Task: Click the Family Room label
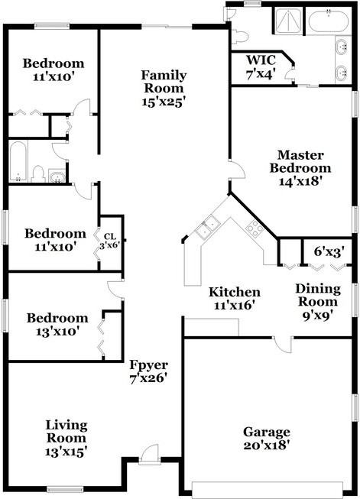(x=164, y=82)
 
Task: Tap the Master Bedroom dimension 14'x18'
(x=301, y=181)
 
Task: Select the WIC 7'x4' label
(x=261, y=66)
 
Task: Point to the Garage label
(x=267, y=432)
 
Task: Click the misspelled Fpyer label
(x=148, y=365)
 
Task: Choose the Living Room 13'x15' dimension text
(x=66, y=452)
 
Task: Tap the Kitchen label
(x=235, y=292)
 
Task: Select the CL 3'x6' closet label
(x=110, y=241)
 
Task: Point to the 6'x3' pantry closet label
(x=329, y=251)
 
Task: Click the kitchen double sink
(x=208, y=226)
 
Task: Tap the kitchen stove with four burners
(x=255, y=228)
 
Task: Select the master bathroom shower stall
(x=288, y=21)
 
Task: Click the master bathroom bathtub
(x=328, y=21)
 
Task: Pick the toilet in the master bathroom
(x=240, y=37)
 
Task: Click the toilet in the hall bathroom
(x=38, y=173)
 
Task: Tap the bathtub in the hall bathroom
(x=18, y=161)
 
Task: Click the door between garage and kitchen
(x=284, y=345)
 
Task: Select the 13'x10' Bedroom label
(x=57, y=325)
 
